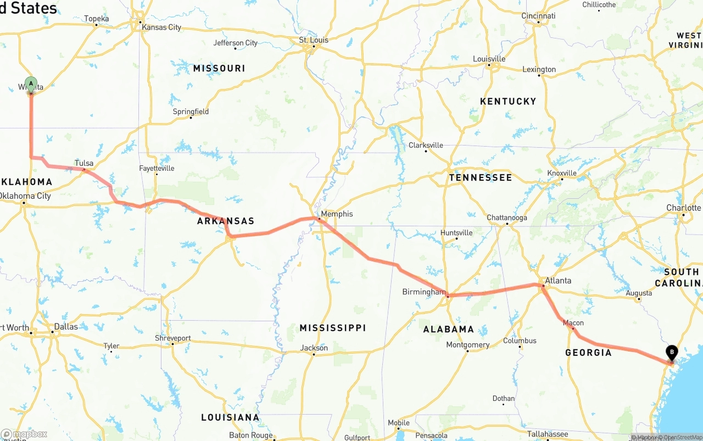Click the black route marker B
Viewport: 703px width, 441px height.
click(x=671, y=353)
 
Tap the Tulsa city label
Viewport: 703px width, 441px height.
click(x=84, y=163)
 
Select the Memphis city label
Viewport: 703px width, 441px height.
click(x=337, y=214)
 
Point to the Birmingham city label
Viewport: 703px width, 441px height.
click(x=423, y=292)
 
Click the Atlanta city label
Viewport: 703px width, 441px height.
click(x=557, y=280)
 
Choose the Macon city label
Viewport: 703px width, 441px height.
click(x=573, y=323)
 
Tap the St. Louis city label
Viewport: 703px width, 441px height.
click(x=314, y=40)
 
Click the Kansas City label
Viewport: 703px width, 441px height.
click(x=161, y=27)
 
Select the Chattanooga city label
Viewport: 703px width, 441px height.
click(x=506, y=217)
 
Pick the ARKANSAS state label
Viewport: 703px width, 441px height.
click(x=226, y=221)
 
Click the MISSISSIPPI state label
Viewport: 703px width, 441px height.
click(x=332, y=328)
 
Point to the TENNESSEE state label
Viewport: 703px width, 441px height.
click(x=480, y=177)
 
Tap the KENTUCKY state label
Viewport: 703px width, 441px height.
click(x=507, y=101)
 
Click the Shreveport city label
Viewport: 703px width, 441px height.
click(x=172, y=338)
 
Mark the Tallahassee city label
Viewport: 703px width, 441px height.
click(x=548, y=434)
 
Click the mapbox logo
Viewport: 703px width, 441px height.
click(x=24, y=434)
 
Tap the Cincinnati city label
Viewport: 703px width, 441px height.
click(x=538, y=16)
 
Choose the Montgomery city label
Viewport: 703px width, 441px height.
click(x=467, y=345)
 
